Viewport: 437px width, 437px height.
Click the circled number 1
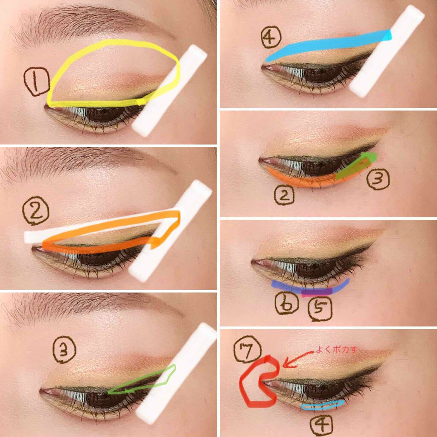click(37, 83)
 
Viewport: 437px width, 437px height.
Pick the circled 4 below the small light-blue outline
click(321, 424)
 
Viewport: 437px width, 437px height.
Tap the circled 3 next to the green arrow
click(378, 180)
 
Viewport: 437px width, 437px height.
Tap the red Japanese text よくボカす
click(337, 350)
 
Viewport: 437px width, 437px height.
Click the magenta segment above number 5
click(317, 292)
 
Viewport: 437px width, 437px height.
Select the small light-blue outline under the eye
click(322, 404)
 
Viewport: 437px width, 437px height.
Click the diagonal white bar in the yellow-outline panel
click(170, 90)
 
